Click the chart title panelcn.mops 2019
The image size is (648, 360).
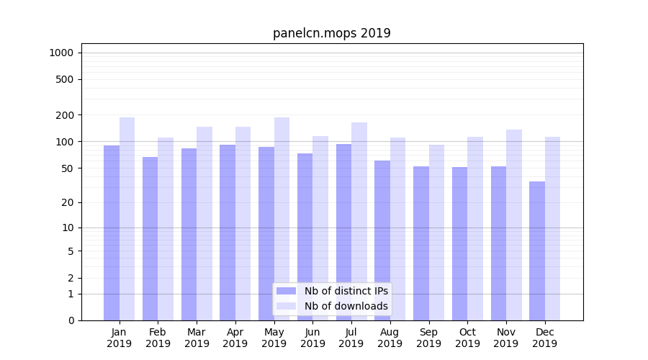[331, 33]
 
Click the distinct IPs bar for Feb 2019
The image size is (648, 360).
[150, 238]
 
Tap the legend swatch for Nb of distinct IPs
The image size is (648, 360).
[286, 291]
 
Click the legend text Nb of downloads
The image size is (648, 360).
[346, 306]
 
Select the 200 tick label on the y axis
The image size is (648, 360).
[64, 115]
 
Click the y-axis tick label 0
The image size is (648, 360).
[71, 320]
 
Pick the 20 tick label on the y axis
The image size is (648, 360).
[67, 202]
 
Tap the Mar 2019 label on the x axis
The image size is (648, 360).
[197, 338]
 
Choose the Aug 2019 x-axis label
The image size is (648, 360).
[390, 338]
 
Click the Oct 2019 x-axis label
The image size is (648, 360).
[467, 338]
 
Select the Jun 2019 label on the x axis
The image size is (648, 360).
[312, 338]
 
